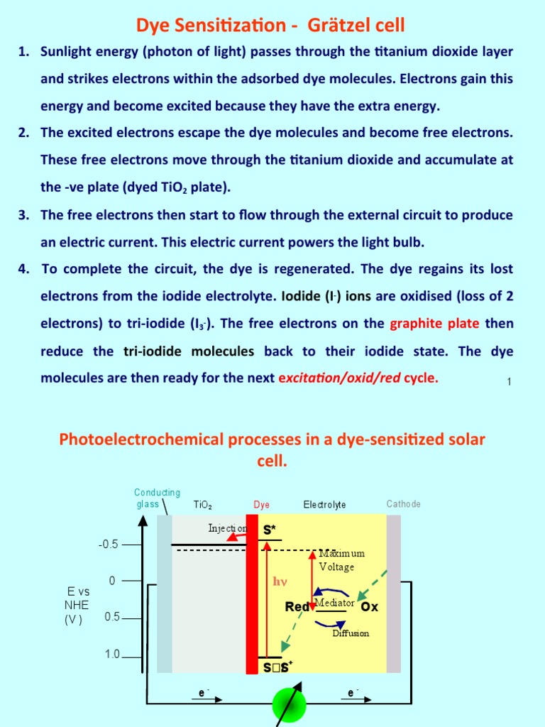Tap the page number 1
(510, 382)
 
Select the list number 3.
(23, 215)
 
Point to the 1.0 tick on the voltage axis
(112, 655)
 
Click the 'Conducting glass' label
(157, 498)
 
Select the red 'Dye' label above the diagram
(262, 505)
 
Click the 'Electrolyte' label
(324, 505)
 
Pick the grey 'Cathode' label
(403, 504)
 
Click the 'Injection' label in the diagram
(227, 528)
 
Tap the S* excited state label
(270, 530)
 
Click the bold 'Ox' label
(370, 607)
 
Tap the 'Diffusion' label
(351, 633)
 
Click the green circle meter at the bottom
(289, 705)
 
